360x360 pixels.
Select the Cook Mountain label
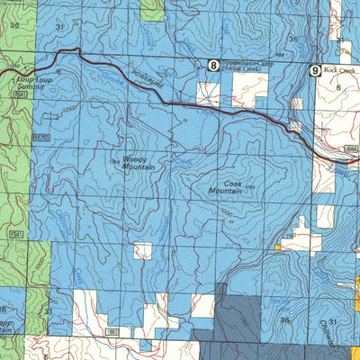point(226,186)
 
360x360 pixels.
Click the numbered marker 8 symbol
point(212,65)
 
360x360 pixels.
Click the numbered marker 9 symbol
point(314,69)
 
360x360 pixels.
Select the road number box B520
point(41,137)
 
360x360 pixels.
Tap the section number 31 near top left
point(59,28)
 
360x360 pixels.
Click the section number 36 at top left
point(13,25)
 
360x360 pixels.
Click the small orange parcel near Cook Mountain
point(279,246)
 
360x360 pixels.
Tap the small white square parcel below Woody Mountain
point(142,250)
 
